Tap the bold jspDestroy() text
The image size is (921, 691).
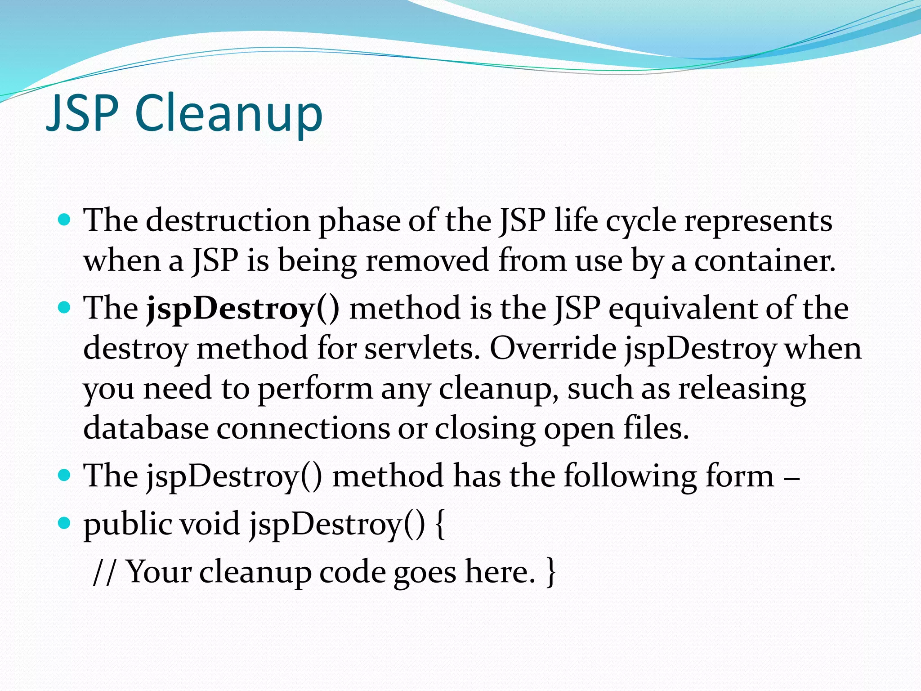pyautogui.click(x=243, y=310)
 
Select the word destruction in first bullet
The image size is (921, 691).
pyautogui.click(x=228, y=221)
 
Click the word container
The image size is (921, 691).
pyautogui.click(x=765, y=260)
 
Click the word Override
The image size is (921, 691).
pyautogui.click(x=553, y=349)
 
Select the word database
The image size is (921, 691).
pyautogui.click(x=146, y=428)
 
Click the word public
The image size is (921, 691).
pyautogui.click(x=128, y=525)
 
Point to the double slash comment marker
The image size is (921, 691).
pyautogui.click(x=103, y=572)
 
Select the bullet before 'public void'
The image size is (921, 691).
pyautogui.click(x=65, y=523)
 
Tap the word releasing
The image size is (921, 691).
pyautogui.click(x=742, y=388)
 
